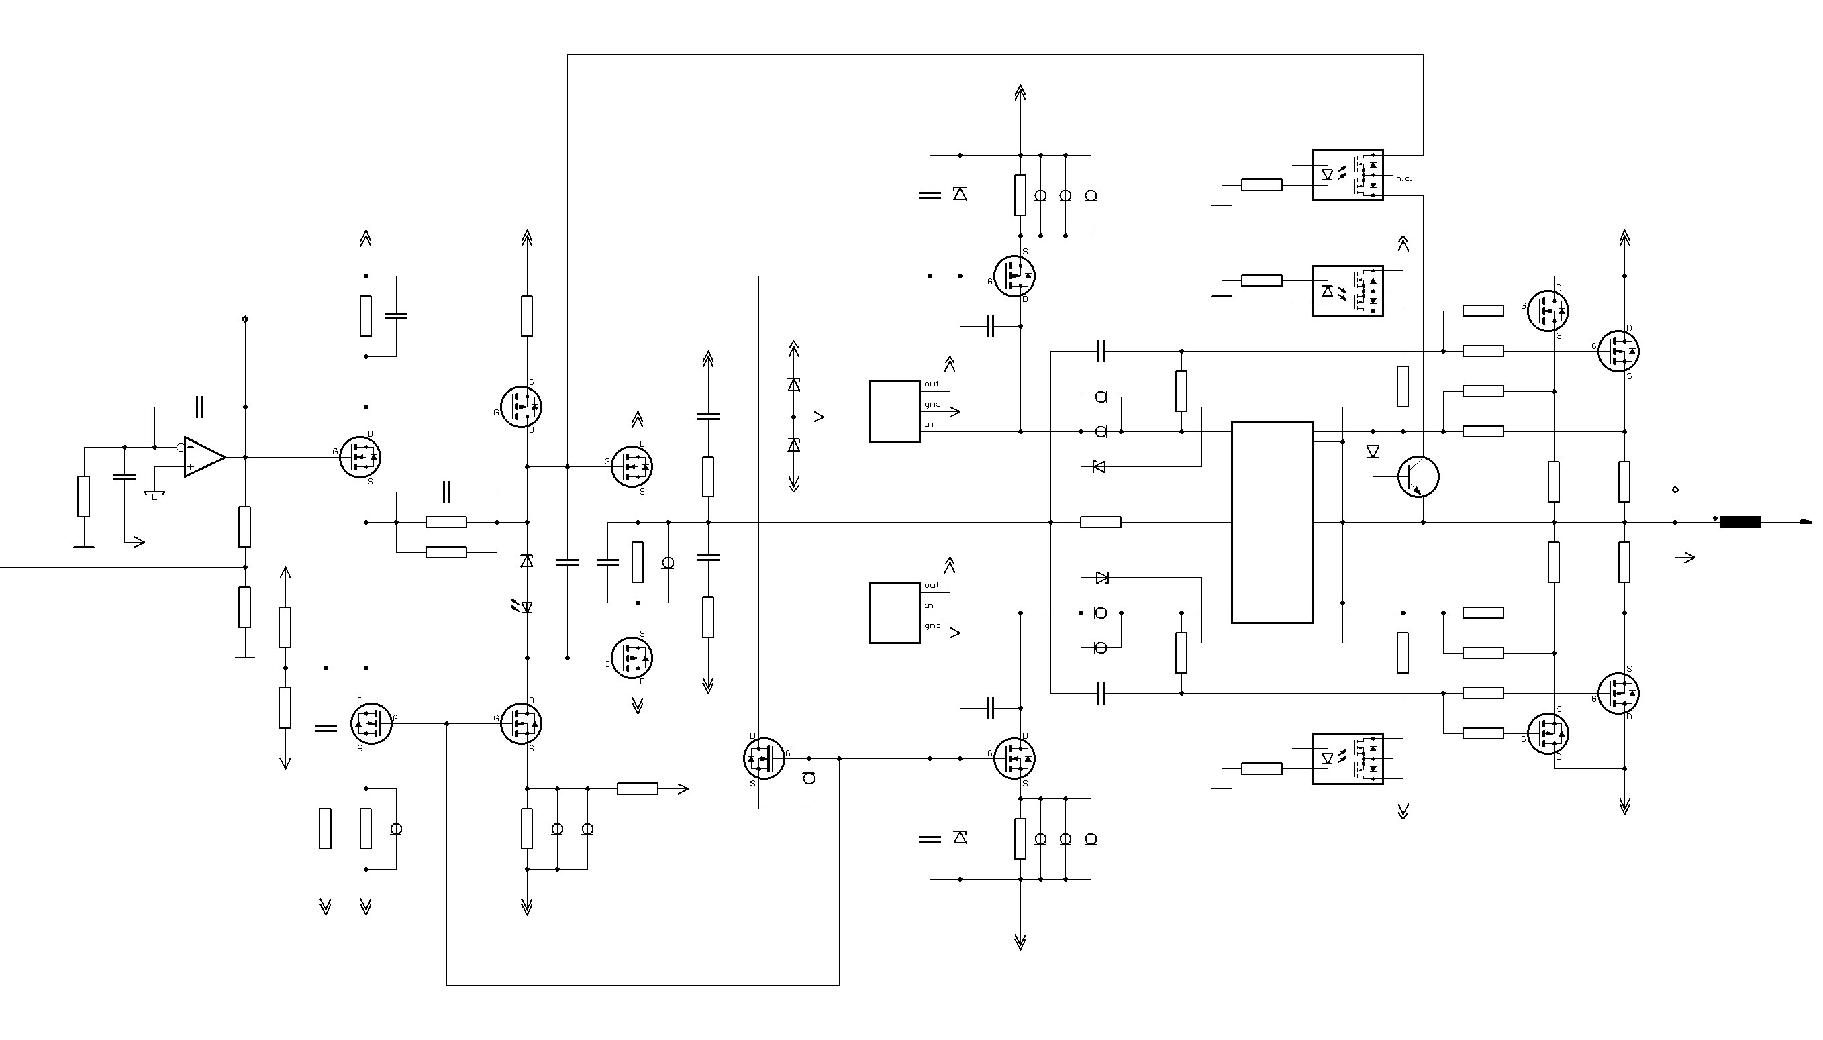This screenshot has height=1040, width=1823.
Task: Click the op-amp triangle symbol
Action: [204, 456]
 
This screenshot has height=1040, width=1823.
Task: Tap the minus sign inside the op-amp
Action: [191, 447]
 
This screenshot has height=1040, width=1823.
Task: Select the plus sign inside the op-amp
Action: [191, 466]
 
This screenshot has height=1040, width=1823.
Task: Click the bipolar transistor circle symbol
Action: [1418, 476]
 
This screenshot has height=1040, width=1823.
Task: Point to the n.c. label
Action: [1403, 178]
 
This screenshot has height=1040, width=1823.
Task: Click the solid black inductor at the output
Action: [1739, 522]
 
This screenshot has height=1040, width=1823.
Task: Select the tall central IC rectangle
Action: [1271, 522]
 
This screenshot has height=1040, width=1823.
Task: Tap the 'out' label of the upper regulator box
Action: [932, 384]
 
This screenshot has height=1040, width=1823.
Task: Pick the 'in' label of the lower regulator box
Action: [929, 605]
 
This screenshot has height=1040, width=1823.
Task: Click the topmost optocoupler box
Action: [1347, 175]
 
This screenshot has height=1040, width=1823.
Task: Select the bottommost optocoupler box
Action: [1347, 759]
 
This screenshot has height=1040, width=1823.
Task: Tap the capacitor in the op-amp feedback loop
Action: [199, 407]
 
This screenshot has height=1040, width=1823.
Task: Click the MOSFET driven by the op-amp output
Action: [360, 457]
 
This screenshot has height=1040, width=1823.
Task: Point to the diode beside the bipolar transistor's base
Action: [1372, 451]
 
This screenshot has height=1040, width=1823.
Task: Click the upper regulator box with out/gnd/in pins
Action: [894, 411]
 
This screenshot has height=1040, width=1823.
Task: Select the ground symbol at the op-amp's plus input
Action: [154, 494]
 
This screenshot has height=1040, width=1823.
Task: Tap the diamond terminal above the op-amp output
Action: [245, 319]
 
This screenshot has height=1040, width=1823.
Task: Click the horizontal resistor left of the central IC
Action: [1100, 522]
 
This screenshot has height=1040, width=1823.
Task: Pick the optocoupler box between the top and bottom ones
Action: [1347, 291]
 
